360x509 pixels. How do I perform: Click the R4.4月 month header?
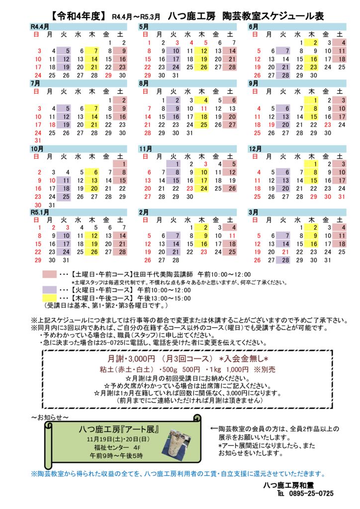(x=39, y=25)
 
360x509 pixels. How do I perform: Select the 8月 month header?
(x=144, y=83)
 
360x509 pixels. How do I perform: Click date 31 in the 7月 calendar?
(x=38, y=141)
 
